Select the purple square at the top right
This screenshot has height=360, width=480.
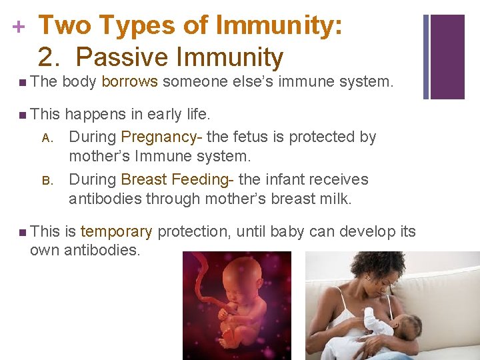[x=447, y=57]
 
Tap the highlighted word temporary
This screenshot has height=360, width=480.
[x=116, y=232]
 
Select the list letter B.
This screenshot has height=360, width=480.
[x=47, y=181]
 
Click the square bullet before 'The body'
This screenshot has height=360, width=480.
[x=23, y=83]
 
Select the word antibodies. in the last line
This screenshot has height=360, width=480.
[x=102, y=251]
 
